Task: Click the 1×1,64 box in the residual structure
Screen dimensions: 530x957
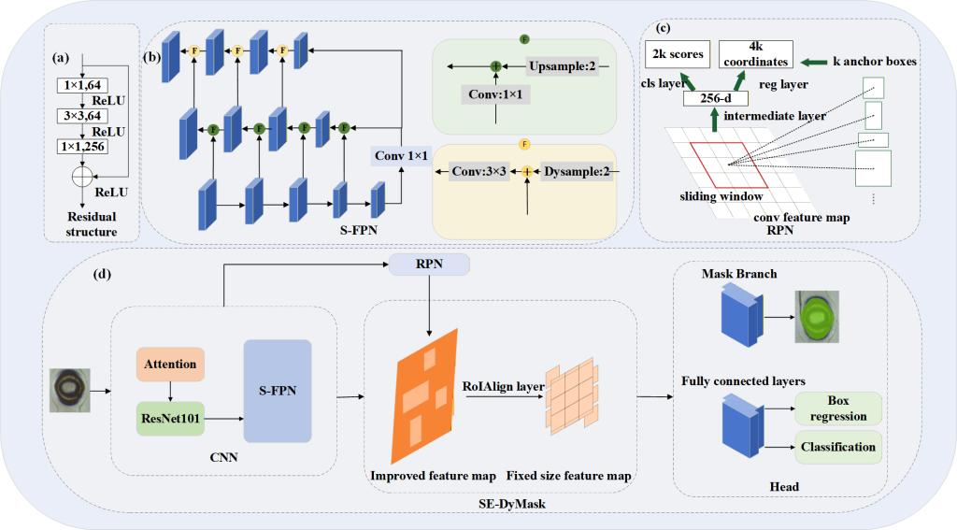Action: (x=85, y=85)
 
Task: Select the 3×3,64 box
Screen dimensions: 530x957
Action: (x=85, y=115)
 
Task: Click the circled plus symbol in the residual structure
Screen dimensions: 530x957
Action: (x=85, y=174)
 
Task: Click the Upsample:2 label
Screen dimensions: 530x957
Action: (x=560, y=67)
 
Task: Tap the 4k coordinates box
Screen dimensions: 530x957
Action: (x=755, y=54)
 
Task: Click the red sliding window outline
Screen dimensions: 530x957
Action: (x=730, y=165)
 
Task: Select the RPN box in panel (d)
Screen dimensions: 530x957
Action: (x=429, y=265)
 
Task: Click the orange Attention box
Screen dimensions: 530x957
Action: (x=171, y=363)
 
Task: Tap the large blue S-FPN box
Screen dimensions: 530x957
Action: (x=277, y=391)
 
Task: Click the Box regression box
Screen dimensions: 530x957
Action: (x=837, y=408)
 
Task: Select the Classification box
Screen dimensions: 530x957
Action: (x=837, y=447)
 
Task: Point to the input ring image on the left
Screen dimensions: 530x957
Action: (x=71, y=388)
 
